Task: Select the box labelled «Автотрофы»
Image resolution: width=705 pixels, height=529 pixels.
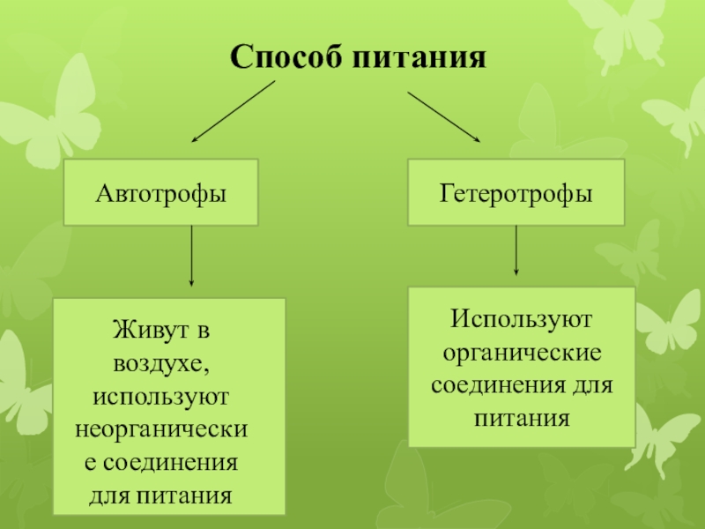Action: tap(160, 192)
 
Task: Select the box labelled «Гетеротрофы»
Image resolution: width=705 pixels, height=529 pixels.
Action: tap(516, 191)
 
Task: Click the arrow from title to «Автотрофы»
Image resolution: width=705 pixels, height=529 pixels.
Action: tap(234, 112)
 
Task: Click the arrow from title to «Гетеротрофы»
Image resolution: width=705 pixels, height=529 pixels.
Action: tap(444, 115)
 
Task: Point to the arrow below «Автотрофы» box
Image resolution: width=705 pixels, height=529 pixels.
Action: tap(192, 255)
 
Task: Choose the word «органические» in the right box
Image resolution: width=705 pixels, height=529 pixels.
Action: tap(520, 353)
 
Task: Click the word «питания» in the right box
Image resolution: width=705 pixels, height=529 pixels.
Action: tap(520, 418)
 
